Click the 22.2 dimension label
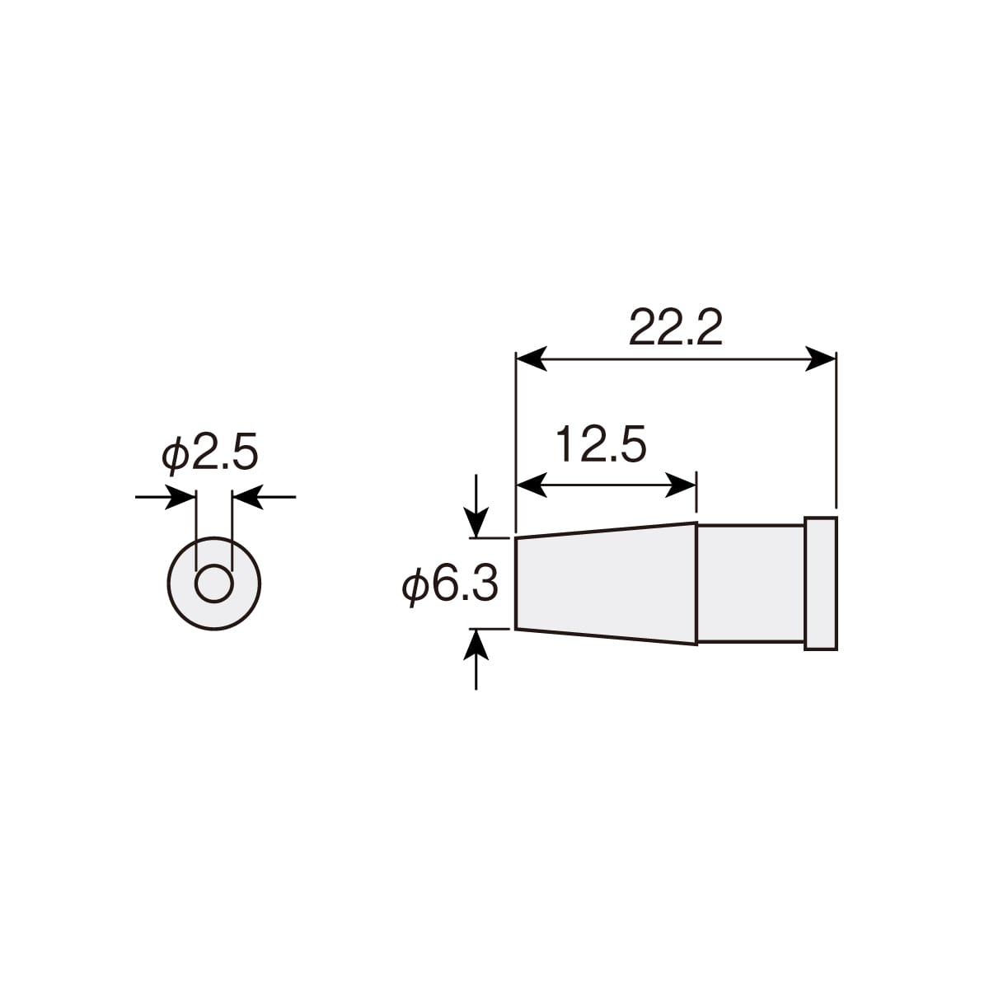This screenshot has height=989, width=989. pos(676,327)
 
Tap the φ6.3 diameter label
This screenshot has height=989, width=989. pos(450,585)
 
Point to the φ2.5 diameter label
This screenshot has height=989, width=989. pos(209,453)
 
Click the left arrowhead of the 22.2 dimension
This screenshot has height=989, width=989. pos(531,359)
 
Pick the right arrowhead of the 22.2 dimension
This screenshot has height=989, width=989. pos(821,359)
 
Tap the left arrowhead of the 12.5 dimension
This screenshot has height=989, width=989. pos(531,485)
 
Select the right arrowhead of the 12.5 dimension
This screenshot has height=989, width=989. pos(681,485)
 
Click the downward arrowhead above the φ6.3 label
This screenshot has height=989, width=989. pos(476,523)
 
